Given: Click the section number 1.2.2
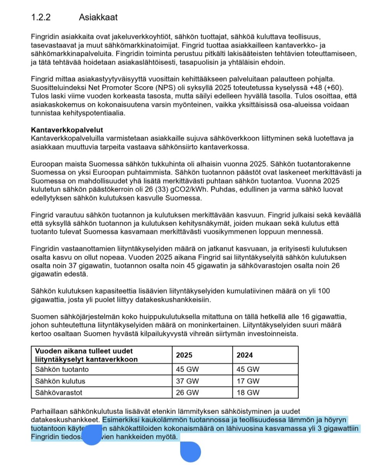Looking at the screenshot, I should [x=41, y=17].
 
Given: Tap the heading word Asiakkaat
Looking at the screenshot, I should [x=98, y=17].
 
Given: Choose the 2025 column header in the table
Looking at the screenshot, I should [x=184, y=355].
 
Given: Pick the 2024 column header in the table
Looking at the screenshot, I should [x=245, y=355].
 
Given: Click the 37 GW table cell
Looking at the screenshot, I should [x=187, y=381].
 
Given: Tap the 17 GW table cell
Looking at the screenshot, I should [x=248, y=381].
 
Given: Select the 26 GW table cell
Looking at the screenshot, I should [x=187, y=393].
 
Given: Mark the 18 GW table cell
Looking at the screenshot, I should [x=248, y=393].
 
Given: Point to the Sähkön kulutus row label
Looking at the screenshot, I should [x=60, y=381].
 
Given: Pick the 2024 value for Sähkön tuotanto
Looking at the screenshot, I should [x=248, y=369].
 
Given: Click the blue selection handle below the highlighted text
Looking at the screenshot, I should [x=191, y=452].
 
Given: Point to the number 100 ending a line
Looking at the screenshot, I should [x=324, y=291].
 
